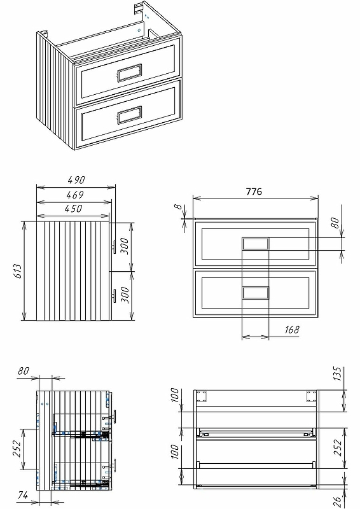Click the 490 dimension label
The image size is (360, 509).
[76, 179]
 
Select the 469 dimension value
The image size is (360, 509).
[75, 195]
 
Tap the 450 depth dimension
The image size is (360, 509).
[73, 209]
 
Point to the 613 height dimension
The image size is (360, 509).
[18, 271]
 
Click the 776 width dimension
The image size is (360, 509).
[254, 192]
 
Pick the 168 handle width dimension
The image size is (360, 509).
[292, 330]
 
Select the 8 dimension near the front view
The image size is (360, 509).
[177, 206]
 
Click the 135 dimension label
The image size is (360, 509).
[338, 373]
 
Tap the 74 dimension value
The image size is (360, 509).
[23, 496]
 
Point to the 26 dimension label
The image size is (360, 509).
[338, 502]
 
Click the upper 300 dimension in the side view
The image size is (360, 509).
[125, 246]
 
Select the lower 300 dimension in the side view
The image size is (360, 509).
[125, 295]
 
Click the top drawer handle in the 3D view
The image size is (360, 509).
[129, 73]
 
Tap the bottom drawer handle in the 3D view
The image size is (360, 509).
[130, 115]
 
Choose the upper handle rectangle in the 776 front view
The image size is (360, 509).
[256, 244]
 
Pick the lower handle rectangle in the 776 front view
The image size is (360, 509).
[256, 293]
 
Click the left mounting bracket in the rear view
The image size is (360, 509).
[202, 396]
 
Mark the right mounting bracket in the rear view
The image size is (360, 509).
[311, 396]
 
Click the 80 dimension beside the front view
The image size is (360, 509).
[336, 223]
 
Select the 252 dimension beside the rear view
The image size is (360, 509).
[338, 447]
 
